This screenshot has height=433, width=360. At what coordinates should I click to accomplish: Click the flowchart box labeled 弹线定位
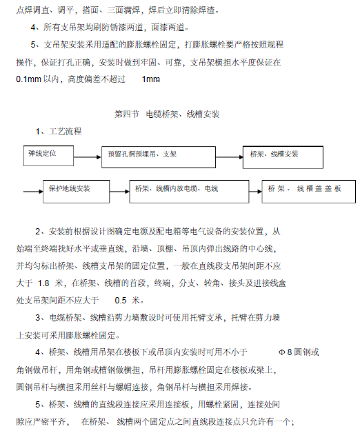[49, 152]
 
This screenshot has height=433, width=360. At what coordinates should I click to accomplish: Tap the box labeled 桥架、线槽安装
[277, 154]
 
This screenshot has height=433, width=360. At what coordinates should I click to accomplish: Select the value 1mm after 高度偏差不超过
[150, 79]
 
